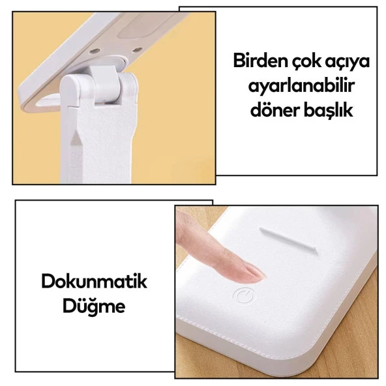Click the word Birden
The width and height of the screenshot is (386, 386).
260,63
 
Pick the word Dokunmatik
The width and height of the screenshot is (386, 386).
94,282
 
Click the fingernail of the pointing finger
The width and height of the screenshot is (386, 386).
253,271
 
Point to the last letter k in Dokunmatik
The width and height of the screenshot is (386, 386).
142,282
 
